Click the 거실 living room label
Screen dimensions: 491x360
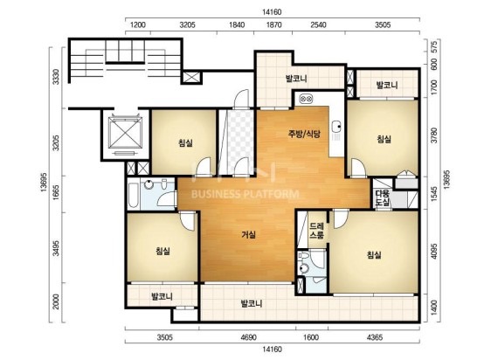tap(249, 235)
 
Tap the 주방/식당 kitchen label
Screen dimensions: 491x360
tap(304, 134)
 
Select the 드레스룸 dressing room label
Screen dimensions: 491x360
tap(316, 231)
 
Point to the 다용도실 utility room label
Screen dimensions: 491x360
tap(383, 197)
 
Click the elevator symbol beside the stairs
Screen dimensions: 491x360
tap(125, 133)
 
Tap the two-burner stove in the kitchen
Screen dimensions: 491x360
tap(306, 99)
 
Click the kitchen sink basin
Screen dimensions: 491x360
tap(337, 127)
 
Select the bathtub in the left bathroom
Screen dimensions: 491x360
tap(133, 195)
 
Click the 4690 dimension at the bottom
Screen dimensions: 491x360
tap(249, 337)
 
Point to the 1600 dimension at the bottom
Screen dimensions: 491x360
tap(311, 337)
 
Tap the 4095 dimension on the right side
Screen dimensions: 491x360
tap(434, 252)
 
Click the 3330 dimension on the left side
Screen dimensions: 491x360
tap(55, 77)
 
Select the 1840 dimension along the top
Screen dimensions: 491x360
tap(237, 24)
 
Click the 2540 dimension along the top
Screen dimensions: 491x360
tap(318, 24)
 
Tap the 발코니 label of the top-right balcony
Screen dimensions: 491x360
tap(387, 85)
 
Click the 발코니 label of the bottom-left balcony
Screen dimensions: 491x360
tap(162, 296)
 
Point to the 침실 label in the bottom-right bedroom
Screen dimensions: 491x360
tap(374, 255)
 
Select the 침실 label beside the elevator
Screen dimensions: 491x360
tap(185, 143)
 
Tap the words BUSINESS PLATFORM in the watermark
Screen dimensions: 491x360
tap(245, 194)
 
